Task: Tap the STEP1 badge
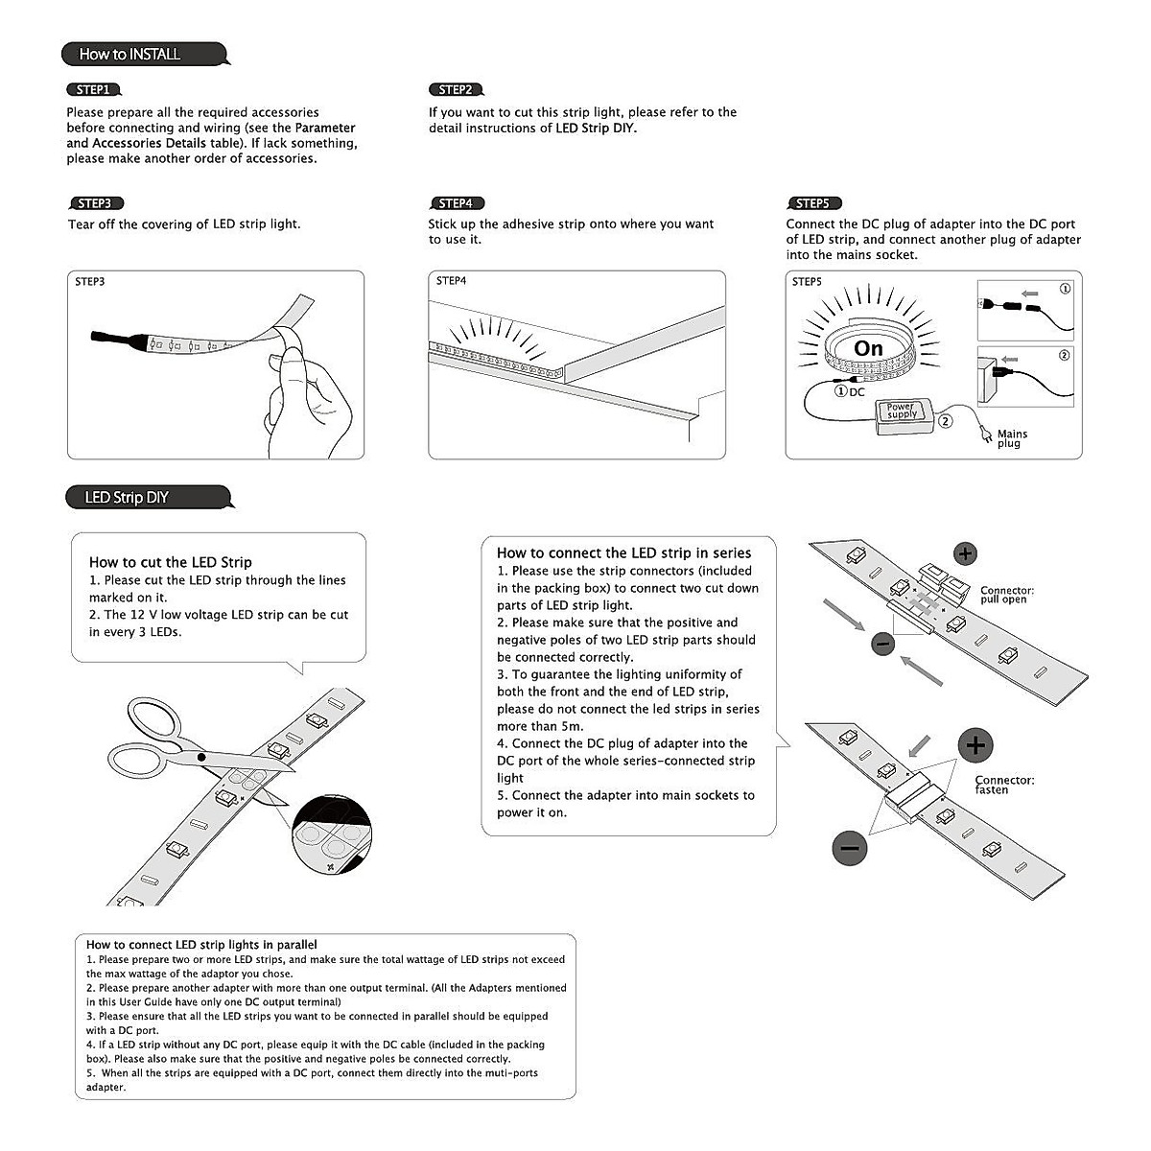tap(93, 89)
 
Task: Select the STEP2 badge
tap(455, 89)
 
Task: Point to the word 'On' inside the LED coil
tap(868, 348)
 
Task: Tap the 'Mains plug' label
tap(1012, 438)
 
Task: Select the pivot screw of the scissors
tap(200, 758)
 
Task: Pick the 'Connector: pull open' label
tap(1006, 595)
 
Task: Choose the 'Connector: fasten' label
tap(1004, 785)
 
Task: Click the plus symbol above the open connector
tap(965, 552)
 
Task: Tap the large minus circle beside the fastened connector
tap(849, 847)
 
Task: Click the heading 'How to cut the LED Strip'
tap(171, 562)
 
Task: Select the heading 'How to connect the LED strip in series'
tap(623, 552)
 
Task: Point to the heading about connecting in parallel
tap(201, 945)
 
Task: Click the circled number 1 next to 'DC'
tap(840, 391)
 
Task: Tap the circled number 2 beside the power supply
tap(946, 420)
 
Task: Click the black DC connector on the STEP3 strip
tap(110, 338)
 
